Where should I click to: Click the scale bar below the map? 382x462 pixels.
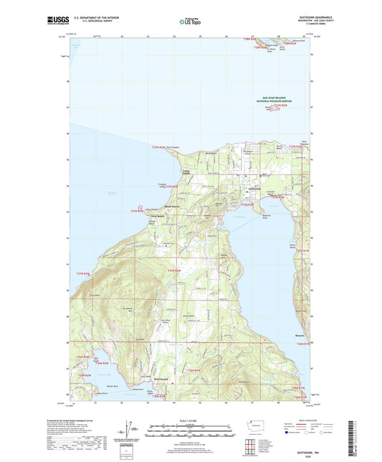(191, 429)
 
